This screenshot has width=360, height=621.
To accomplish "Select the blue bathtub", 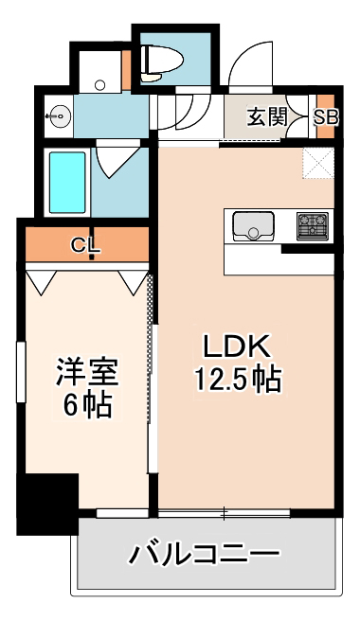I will tap(65, 182).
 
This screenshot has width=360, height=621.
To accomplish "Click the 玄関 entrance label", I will tap(266, 116).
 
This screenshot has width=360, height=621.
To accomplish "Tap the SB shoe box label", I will tap(325, 117).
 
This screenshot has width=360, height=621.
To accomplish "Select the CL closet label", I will tap(86, 246).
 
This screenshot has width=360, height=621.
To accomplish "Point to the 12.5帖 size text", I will tap(237, 380).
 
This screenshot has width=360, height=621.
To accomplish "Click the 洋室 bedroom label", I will tap(85, 371).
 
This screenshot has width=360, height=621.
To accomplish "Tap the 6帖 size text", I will tap(85, 406).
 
